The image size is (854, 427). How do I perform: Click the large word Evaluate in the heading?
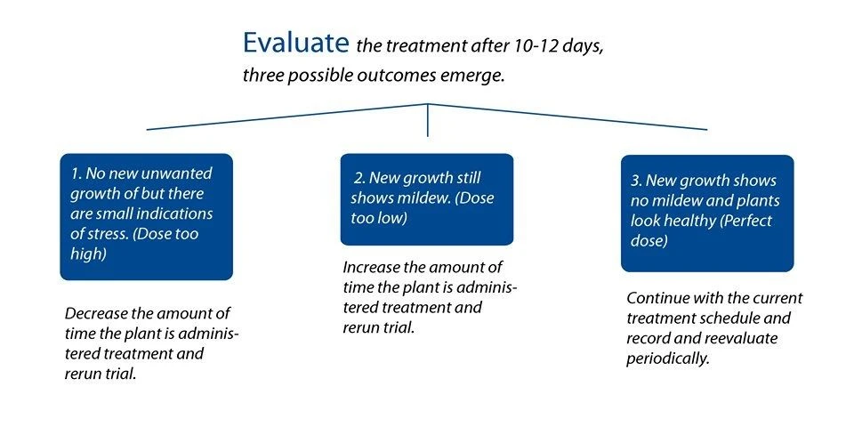pos(295,43)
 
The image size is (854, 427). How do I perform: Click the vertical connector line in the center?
pos(428,120)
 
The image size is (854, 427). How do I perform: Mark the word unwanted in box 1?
pos(177,173)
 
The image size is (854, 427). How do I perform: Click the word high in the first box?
pos(88,254)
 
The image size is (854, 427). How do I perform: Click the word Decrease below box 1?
pos(95,314)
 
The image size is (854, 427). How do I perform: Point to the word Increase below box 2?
pos(372,268)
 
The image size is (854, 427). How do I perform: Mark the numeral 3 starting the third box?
pos(635,181)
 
